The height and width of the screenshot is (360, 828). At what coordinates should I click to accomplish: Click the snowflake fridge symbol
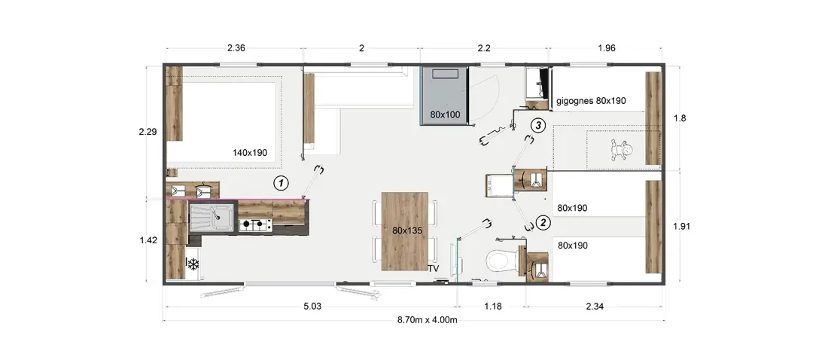pyautogui.click(x=193, y=264)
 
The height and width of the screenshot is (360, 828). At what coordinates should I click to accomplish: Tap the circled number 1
pyautogui.click(x=281, y=184)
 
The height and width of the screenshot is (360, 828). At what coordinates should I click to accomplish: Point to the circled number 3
pyautogui.click(x=537, y=126)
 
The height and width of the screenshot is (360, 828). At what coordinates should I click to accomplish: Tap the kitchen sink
pyautogui.click(x=212, y=218)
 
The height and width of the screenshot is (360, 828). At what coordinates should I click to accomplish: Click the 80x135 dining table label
pyautogui.click(x=405, y=230)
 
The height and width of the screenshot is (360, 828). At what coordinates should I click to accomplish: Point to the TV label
pyautogui.click(x=434, y=268)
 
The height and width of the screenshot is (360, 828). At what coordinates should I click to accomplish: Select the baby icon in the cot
pyautogui.click(x=622, y=150)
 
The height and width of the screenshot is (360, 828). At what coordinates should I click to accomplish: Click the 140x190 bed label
pyautogui.click(x=250, y=153)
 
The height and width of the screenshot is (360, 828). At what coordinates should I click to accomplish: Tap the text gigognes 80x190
pyautogui.click(x=591, y=100)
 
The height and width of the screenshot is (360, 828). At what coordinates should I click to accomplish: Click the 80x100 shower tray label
pyautogui.click(x=444, y=114)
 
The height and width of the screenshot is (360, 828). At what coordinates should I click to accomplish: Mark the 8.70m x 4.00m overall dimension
pyautogui.click(x=427, y=320)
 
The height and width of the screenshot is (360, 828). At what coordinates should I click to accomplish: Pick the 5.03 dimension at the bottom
pyautogui.click(x=312, y=306)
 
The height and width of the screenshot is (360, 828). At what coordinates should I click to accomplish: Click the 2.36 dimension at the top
pyautogui.click(x=236, y=48)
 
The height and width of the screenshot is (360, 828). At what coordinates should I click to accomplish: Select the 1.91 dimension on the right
pyautogui.click(x=682, y=226)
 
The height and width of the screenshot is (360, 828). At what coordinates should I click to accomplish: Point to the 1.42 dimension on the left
pyautogui.click(x=148, y=240)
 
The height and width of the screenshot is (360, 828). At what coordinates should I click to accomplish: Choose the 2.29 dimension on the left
pyautogui.click(x=148, y=132)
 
